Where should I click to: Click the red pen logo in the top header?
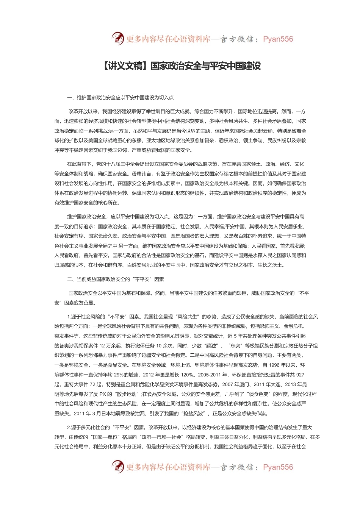pyautogui.click(x=118, y=38)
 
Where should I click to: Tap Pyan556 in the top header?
pyautogui.click(x=277, y=39)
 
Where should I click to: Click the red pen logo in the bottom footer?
pyautogui.click(x=118, y=467)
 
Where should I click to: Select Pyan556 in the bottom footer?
pyautogui.click(x=277, y=467)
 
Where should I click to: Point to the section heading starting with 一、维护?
pyautogui.click(x=120, y=97)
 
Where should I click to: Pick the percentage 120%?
pyautogui.click(x=187, y=375)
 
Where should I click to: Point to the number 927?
pyautogui.click(x=300, y=375)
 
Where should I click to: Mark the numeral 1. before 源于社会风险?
pyautogui.click(x=69, y=317)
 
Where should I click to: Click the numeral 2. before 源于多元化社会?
pyautogui.click(x=69, y=428)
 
